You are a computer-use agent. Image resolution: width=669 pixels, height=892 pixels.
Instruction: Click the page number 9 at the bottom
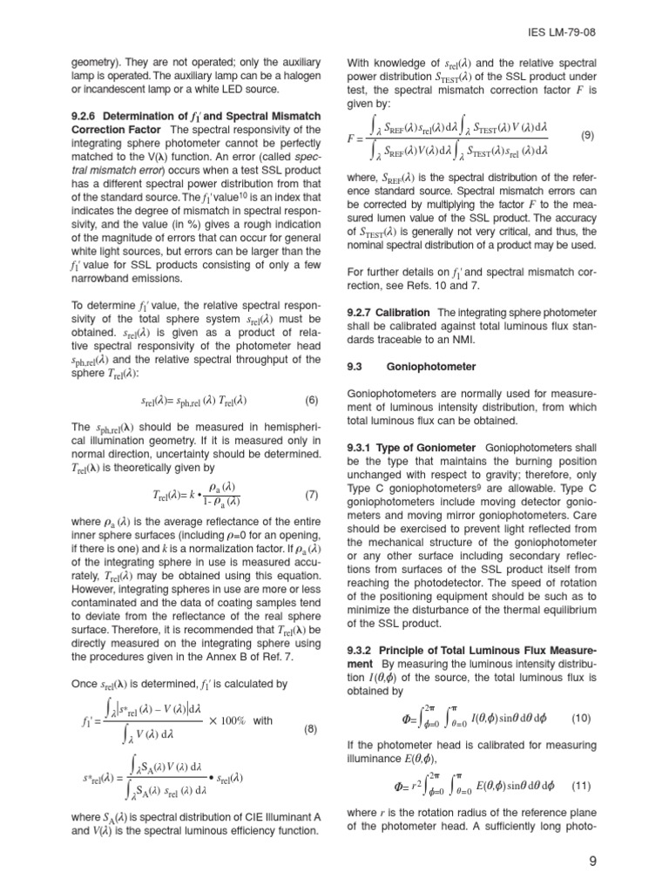(x=591, y=862)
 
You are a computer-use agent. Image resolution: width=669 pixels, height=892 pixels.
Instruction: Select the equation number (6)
(x=312, y=401)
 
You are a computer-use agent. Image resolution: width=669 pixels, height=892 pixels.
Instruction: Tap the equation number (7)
(x=312, y=495)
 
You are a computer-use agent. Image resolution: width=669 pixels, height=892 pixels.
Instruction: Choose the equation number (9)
(x=587, y=136)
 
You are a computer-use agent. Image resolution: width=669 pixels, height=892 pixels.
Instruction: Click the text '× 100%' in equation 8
(x=228, y=721)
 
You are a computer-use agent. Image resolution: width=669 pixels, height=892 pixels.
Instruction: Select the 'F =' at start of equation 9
(x=356, y=138)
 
